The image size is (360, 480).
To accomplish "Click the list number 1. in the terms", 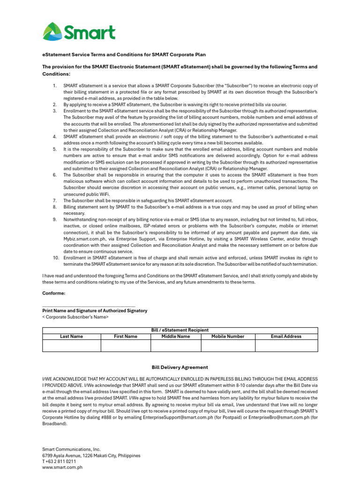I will [x=54, y=85].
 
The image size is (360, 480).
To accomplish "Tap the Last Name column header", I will [x=71, y=336].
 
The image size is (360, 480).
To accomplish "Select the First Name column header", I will [x=126, y=336].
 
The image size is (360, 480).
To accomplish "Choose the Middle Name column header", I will [x=176, y=336].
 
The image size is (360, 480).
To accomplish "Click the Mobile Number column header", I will [x=228, y=336].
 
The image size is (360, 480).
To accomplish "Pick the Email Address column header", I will [x=286, y=336].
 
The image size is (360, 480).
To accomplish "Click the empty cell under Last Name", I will [x=71, y=345].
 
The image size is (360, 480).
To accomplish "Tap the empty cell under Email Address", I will [x=286, y=345].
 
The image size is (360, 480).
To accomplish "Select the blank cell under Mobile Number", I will [x=228, y=345].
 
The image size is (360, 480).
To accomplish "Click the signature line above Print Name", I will [x=89, y=306].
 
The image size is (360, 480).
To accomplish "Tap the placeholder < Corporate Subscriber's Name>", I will [x=75, y=317].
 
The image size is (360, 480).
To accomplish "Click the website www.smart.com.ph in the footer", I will [x=62, y=467].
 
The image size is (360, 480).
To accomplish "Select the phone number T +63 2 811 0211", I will [x=59, y=461].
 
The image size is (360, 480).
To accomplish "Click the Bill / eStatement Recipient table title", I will [x=180, y=330].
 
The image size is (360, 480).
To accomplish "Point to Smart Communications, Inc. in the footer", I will [x=71, y=449].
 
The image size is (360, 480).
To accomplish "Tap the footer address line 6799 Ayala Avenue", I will [x=91, y=455].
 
